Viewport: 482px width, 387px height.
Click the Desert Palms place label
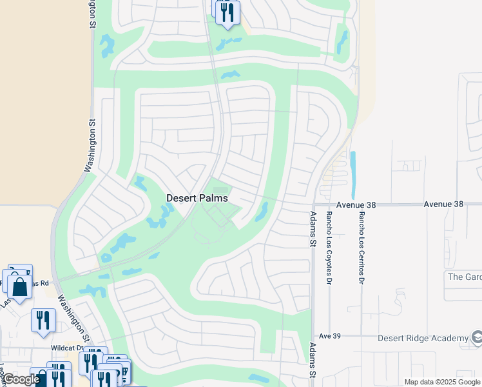click(197, 199)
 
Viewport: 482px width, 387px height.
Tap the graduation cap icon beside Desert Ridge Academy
click(477, 337)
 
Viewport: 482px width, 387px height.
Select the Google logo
click(21, 379)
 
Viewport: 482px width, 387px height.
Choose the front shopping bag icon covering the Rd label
click(20, 287)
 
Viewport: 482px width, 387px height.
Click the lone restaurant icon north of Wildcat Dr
click(43, 320)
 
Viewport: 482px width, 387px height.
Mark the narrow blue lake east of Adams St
click(352, 174)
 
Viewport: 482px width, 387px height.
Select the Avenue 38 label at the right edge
click(443, 204)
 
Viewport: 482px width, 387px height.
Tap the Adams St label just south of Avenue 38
click(314, 229)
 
